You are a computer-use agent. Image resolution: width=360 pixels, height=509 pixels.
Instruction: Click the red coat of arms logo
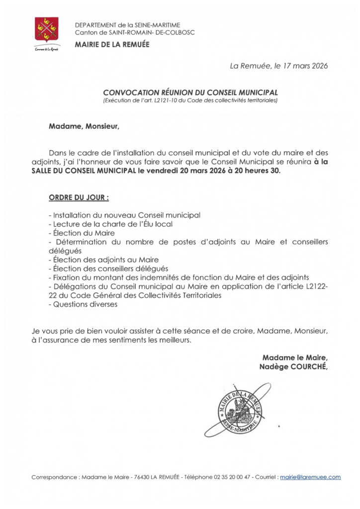[x=46, y=29]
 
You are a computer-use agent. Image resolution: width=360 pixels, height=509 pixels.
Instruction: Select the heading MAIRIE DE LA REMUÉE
[x=112, y=45]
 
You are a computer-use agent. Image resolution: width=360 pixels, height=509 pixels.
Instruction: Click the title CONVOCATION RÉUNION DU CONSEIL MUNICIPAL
[x=190, y=92]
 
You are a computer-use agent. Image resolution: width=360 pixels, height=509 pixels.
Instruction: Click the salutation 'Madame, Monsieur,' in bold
[x=84, y=126]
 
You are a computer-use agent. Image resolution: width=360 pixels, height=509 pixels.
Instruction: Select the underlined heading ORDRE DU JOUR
[x=79, y=197]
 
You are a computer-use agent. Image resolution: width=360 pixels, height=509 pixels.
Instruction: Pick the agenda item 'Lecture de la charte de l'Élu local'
[x=111, y=224]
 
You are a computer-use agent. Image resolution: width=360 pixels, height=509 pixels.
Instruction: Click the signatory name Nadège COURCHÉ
[x=293, y=366]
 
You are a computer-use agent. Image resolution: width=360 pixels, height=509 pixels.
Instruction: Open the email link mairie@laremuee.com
[x=310, y=477]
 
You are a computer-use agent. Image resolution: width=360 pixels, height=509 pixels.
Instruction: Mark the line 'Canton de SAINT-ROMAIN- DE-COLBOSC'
[x=135, y=32]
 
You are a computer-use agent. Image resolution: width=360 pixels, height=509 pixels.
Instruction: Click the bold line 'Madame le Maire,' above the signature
[x=295, y=357]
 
